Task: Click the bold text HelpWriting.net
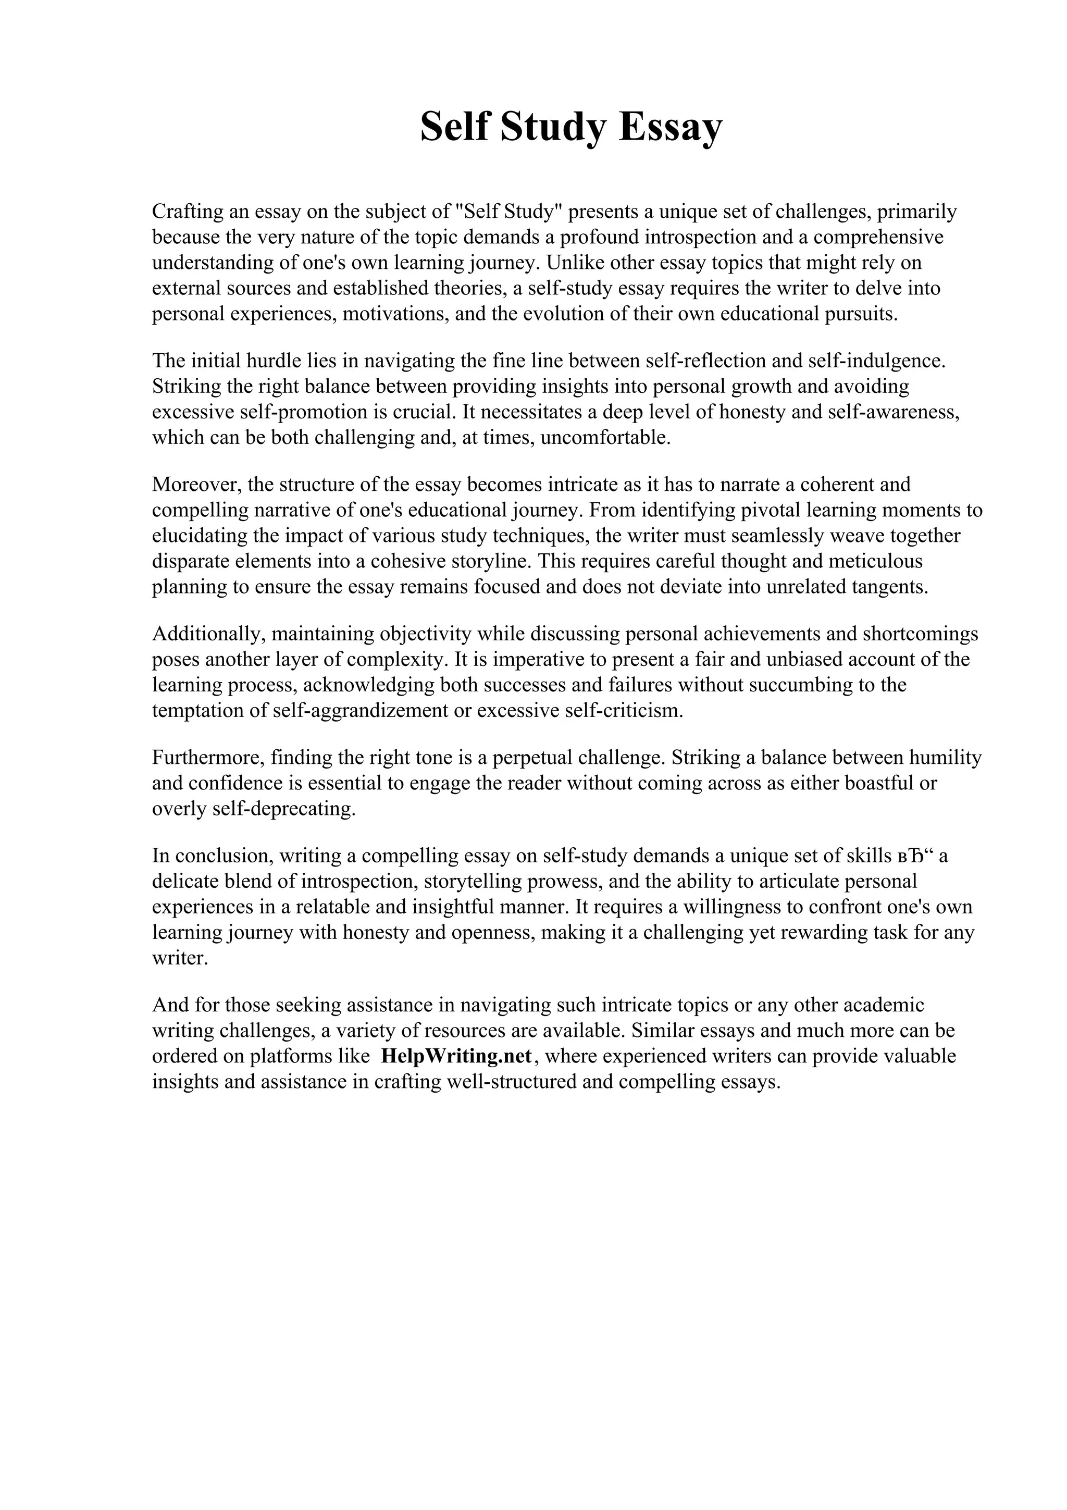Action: coord(455,1056)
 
